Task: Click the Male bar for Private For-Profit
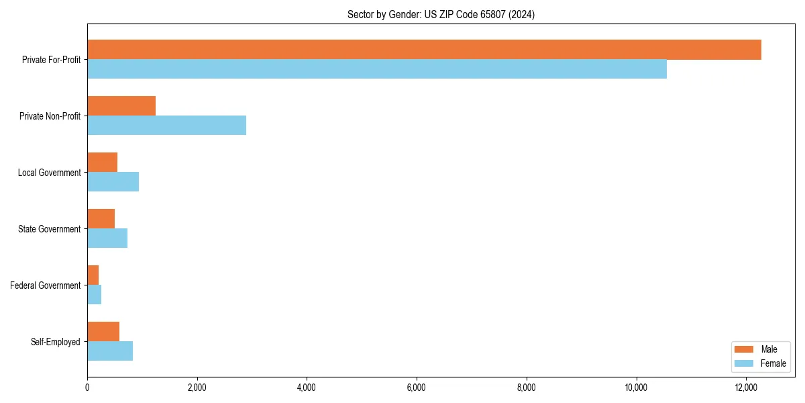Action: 424,50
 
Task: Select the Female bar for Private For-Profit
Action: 377,69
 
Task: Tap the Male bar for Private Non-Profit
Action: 121,106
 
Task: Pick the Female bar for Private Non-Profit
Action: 166,126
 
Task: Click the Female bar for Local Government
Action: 113,182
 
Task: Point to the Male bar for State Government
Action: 101,219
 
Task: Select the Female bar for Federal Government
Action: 94,295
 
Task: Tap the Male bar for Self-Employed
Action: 103,332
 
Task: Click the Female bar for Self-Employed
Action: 110,351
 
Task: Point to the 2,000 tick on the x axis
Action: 197,387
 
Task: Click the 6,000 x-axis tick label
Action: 417,387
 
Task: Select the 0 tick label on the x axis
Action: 87,387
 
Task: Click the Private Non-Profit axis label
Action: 50,116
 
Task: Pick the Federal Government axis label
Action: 46,285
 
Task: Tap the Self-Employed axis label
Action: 56,342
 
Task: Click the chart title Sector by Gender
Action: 441,14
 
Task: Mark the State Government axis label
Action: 50,229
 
